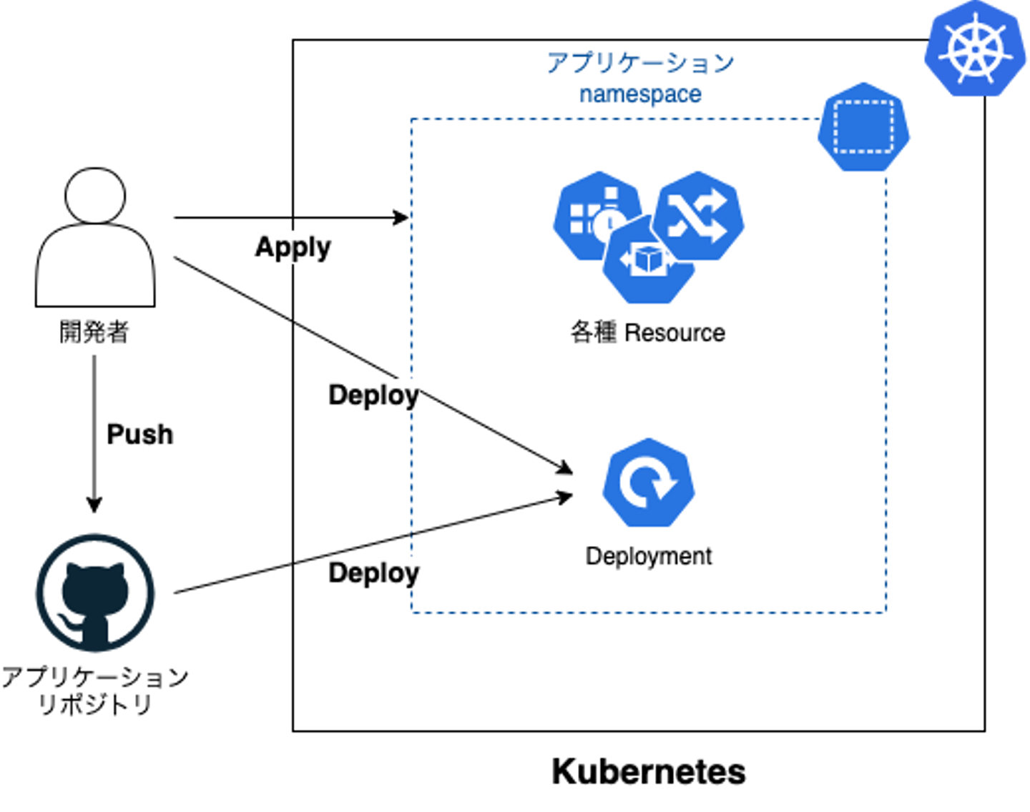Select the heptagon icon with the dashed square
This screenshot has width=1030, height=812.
[863, 127]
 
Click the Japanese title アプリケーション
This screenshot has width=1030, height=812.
[640, 64]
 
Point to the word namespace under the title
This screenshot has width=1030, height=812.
[640, 96]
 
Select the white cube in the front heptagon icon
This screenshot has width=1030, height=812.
[647, 259]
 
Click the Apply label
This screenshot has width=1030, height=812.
[293, 247]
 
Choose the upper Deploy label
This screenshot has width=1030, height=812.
[373, 395]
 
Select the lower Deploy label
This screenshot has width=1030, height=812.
[373, 573]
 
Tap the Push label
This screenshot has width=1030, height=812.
[139, 434]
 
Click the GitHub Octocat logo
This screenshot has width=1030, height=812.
[95, 593]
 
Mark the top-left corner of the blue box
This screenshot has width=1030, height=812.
[411, 119]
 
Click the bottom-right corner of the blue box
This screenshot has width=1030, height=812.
[886, 611]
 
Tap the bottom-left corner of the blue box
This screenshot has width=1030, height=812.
[412, 611]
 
